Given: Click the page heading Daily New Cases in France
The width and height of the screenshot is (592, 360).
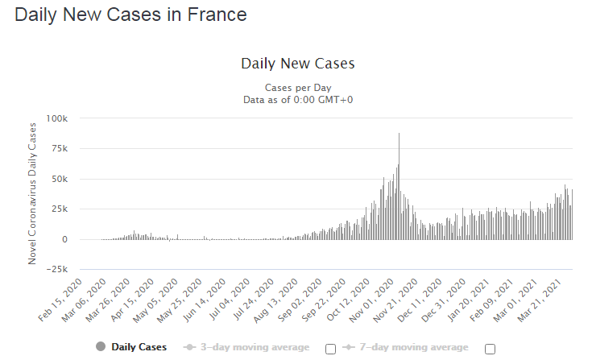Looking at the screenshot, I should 130,15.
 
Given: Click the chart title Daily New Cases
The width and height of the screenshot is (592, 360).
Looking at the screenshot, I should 297,64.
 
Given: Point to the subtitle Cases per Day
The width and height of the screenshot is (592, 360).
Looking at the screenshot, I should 297,87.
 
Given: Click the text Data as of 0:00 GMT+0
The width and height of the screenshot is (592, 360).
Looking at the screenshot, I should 297,99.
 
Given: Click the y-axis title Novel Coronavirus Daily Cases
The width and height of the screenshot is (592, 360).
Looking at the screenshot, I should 33,193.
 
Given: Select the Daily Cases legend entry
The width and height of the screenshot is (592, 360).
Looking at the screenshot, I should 139,347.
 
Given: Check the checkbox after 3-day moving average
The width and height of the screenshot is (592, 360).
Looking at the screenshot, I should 330,349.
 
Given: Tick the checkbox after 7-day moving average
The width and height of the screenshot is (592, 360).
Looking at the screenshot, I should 490,349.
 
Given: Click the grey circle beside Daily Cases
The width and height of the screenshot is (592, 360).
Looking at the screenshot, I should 100,347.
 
